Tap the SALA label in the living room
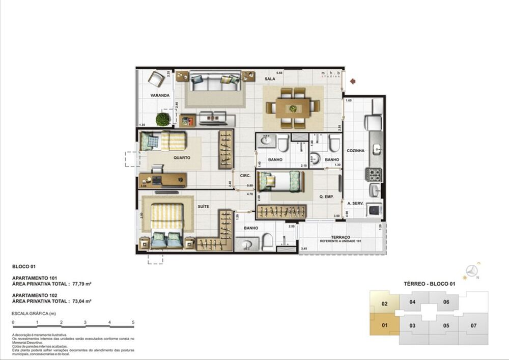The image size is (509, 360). pyautogui.click(x=270, y=79)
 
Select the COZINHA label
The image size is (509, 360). pyautogui.click(x=355, y=151)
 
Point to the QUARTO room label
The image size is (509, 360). pyautogui.click(x=181, y=158)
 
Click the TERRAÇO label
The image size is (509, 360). pyautogui.click(x=340, y=237)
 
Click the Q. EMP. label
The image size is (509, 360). pyautogui.click(x=326, y=197)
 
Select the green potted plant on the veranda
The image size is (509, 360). pyautogui.click(x=162, y=119)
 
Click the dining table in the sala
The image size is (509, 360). pyautogui.click(x=293, y=108)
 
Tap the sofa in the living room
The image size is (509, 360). pyautogui.click(x=215, y=82)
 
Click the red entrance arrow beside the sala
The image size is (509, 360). pyautogui.click(x=352, y=80)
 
